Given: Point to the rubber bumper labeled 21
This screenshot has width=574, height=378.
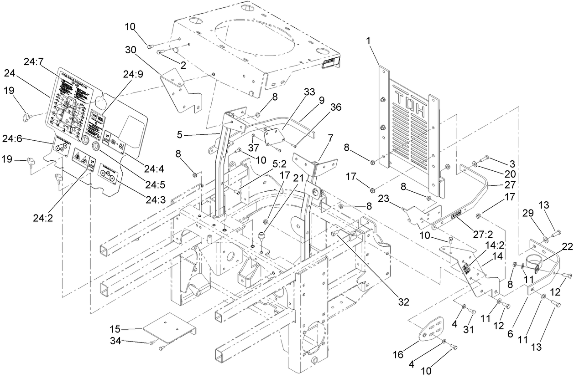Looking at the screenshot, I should [x=262, y=236].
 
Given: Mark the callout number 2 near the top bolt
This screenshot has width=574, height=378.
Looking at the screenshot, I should [x=183, y=65].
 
